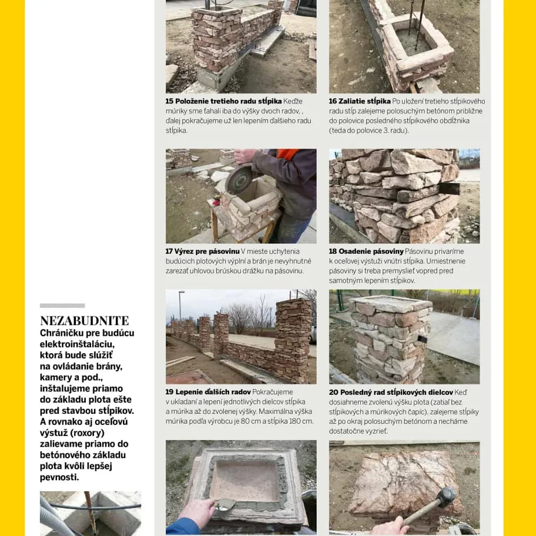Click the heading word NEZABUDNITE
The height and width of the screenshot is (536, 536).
tap(84, 321)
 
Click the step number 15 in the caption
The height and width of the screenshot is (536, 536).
tap(169, 101)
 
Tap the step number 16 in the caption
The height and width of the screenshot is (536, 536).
tap(333, 101)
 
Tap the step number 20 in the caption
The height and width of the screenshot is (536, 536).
tap(333, 392)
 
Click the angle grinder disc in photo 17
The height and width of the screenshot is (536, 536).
tap(240, 180)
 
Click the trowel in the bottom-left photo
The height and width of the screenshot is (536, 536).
tap(226, 504)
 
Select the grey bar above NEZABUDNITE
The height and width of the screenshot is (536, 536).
tap(62, 306)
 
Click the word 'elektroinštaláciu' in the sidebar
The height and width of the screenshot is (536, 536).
tap(77, 344)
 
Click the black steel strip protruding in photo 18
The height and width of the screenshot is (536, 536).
tap(449, 189)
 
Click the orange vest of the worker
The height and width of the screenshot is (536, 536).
tap(287, 154)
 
